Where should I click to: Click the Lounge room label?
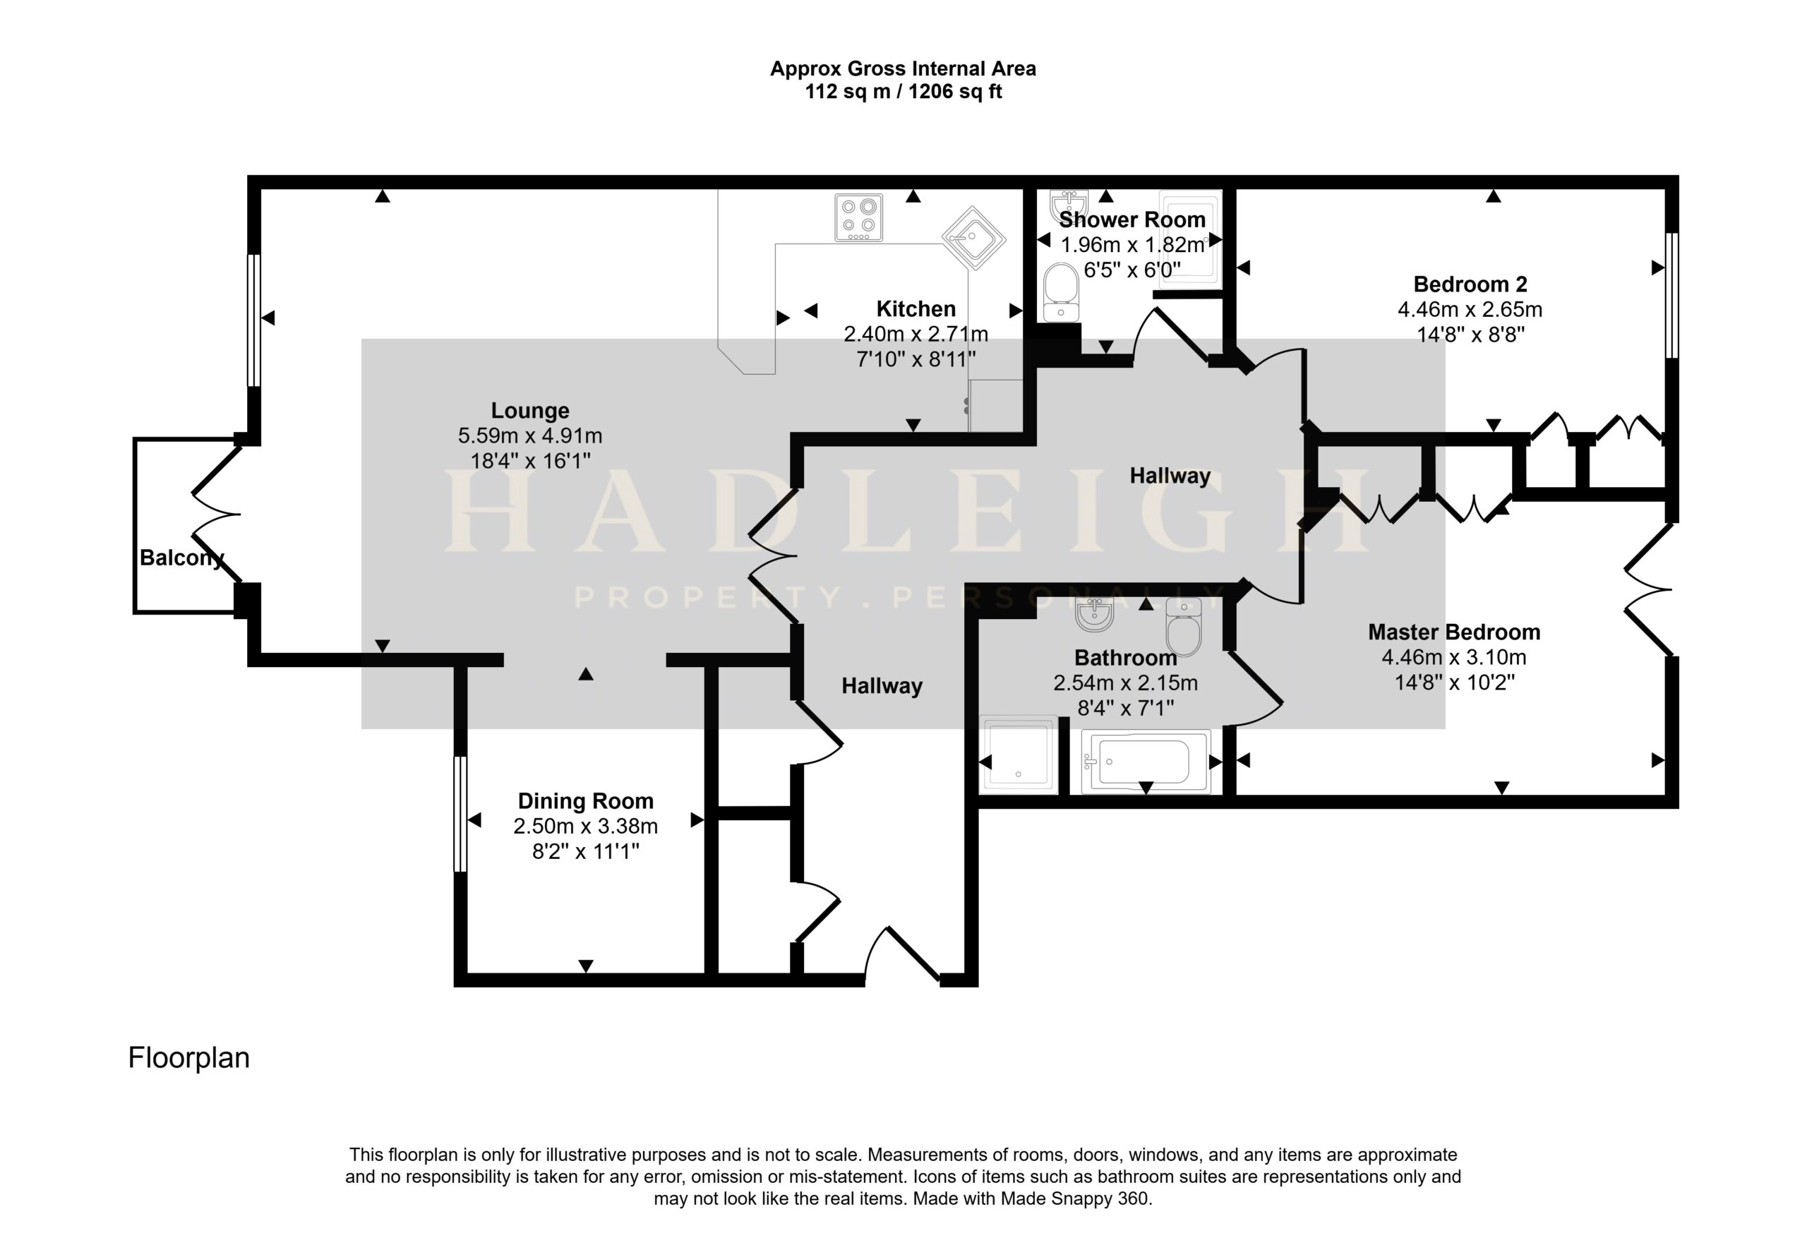[529, 411]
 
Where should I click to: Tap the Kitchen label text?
[916, 308]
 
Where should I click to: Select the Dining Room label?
[585, 801]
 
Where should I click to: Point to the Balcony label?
[182, 558]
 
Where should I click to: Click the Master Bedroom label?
[1454, 632]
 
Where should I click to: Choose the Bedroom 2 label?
[1470, 284]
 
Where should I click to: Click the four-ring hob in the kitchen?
[859, 217]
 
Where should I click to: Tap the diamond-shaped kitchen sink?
[973, 237]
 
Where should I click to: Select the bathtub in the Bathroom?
[1146, 762]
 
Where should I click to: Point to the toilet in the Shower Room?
[1061, 292]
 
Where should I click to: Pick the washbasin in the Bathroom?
[1095, 614]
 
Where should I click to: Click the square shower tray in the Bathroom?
[1019, 755]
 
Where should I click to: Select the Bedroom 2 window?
[1671, 295]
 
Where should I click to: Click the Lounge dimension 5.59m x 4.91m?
[529, 436]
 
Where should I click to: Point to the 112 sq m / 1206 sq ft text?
[903, 92]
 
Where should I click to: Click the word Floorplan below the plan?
[189, 1058]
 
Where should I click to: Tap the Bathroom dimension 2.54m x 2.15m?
[1125, 683]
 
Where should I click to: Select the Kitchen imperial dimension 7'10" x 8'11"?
[916, 359]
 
